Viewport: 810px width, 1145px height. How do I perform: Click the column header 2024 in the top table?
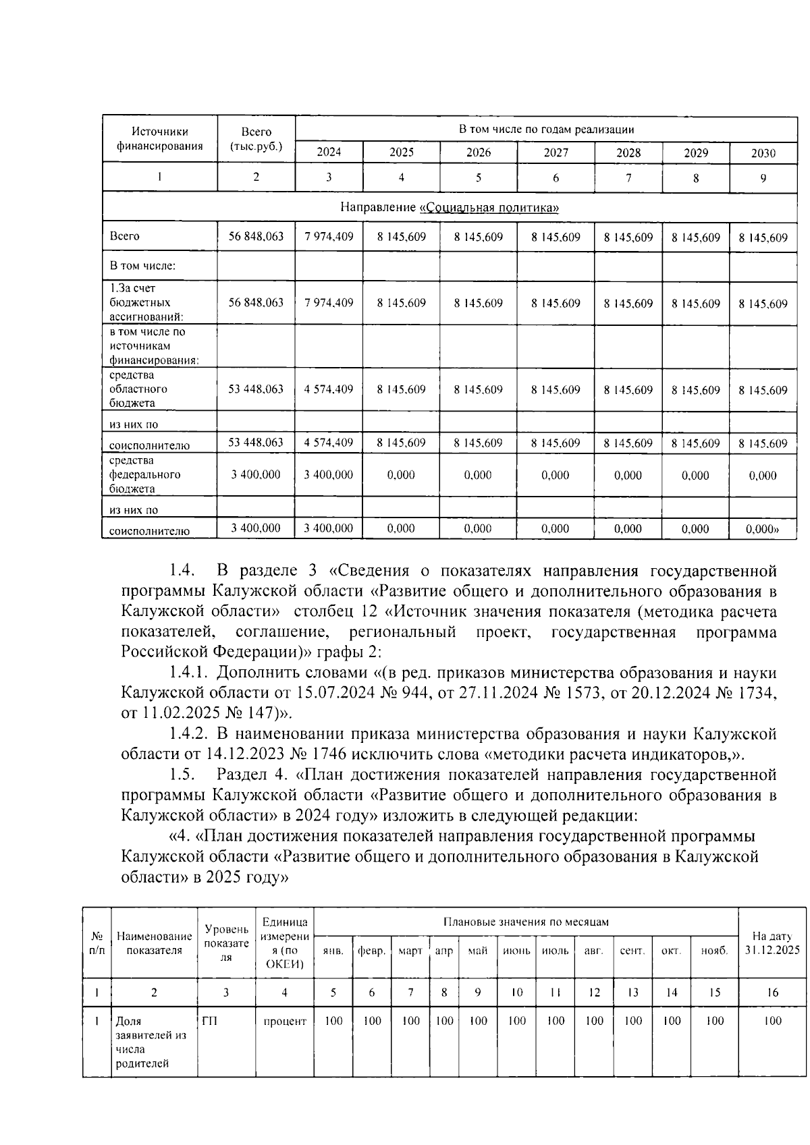329,152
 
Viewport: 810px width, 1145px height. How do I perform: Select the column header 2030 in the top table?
763,153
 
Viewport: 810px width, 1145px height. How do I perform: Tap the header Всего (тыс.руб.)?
256,139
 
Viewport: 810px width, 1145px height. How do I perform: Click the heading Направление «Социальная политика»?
450,207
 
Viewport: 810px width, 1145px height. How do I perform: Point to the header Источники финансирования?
160,139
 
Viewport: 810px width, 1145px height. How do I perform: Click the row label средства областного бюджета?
138,389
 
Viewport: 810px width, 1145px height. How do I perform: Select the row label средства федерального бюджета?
144,475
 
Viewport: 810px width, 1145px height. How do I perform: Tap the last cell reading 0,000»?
763,529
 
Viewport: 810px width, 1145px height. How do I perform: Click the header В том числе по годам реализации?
546,130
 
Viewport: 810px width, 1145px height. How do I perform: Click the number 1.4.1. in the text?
190,673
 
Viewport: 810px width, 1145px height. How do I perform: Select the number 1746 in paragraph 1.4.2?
331,754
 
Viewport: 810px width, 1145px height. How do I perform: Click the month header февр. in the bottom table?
371,951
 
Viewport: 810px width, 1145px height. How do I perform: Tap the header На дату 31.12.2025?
772,943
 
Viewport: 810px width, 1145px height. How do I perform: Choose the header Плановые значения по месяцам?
526,922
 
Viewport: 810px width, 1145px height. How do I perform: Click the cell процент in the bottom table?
285,1022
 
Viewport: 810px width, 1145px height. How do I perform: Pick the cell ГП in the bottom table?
210,1022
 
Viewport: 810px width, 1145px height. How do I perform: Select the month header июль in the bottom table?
555,951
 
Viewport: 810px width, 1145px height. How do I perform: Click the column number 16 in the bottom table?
772,993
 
